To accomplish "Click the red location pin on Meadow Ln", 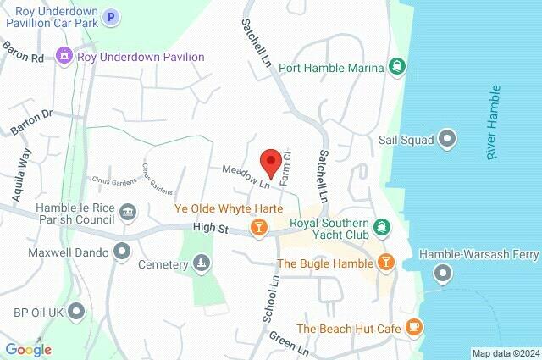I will [270, 160].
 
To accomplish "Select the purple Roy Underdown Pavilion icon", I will [64, 57].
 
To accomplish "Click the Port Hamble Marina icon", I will [395, 66].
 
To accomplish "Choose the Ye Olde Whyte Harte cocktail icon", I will [259, 226].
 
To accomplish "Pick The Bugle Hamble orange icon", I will [386, 263].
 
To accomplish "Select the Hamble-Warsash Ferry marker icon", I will [442, 273].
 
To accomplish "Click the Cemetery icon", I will [201, 264].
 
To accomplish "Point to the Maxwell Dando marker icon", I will [123, 251].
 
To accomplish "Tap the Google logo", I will [28, 349].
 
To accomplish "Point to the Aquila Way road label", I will [22, 175].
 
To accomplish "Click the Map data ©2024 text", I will [505, 352].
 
